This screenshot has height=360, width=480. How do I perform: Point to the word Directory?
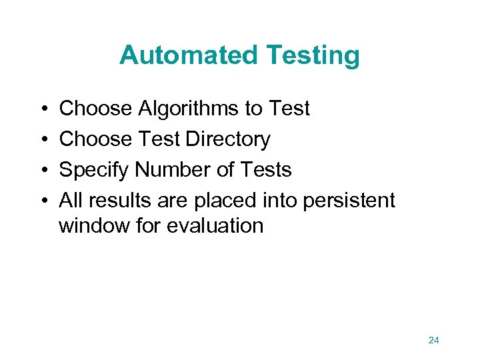pos(228,139)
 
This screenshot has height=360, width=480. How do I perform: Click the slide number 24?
pos(433,341)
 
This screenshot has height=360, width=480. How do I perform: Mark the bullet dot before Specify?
pos(43,171)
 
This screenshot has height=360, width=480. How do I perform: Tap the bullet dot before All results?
pos(43,201)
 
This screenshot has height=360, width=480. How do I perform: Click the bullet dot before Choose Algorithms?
pos(43,109)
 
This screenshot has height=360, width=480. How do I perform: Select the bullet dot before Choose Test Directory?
pos(43,139)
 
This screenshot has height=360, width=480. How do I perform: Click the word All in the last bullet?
pos(71,200)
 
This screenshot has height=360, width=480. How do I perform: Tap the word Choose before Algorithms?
pos(96,109)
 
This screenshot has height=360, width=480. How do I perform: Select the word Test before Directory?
pos(159,139)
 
